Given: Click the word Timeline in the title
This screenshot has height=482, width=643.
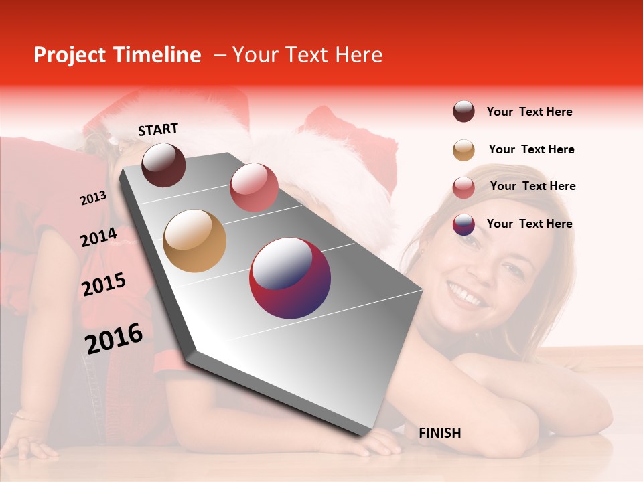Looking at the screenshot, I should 157,55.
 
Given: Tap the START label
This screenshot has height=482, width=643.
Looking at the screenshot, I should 158,129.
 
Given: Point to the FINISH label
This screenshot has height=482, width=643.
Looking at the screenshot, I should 440,433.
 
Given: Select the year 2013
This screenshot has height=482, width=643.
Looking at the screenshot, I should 94,198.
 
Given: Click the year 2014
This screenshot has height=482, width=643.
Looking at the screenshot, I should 99,238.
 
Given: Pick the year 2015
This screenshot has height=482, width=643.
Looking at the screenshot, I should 104,285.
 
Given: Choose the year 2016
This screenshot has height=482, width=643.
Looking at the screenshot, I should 114,338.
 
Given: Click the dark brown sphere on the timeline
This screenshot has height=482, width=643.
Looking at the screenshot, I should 163,165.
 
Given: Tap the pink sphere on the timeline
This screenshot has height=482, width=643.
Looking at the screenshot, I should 254,187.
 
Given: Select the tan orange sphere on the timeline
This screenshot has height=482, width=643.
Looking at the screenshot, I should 195,241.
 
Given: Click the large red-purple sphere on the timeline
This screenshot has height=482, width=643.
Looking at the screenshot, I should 290,278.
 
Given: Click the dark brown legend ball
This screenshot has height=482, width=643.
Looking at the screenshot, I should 463,112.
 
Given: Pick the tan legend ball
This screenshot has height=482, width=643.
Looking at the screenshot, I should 463,149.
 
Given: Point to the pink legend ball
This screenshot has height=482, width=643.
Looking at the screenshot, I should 463,187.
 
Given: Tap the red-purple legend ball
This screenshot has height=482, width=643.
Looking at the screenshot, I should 463,224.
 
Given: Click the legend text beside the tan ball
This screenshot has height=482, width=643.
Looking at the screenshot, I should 531,149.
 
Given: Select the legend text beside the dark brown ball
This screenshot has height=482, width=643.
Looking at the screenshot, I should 529,112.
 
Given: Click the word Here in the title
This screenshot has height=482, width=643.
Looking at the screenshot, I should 358,55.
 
